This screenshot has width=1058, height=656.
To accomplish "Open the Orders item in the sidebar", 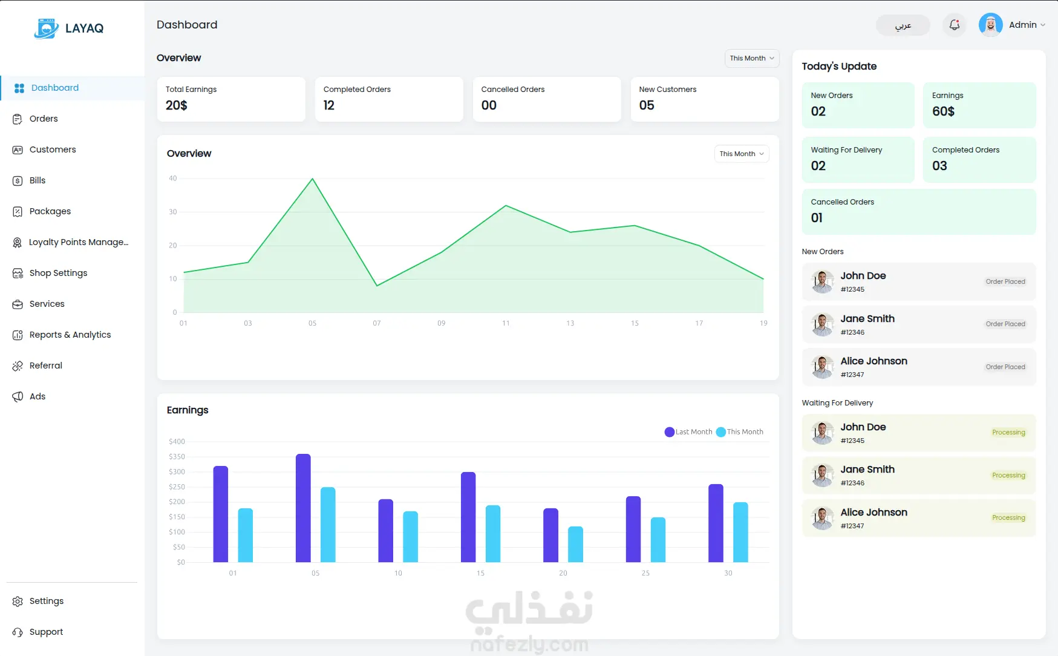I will pos(44,119).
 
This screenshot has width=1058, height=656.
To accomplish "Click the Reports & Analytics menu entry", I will pos(70,335).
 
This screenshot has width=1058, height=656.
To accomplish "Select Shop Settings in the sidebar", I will pos(58,273).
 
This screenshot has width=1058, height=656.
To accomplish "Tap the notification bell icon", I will pos(954,25).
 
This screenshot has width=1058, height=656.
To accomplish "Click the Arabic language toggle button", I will pos(903,25).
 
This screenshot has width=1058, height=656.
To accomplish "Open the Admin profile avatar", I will pos(990,25).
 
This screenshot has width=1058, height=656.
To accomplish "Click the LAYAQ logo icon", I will pos(47,28).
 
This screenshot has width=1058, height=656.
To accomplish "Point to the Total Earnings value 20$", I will pos(177,105).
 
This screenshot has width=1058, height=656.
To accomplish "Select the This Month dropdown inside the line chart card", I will pos(741,154).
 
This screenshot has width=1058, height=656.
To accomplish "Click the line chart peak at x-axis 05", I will pos(312,179).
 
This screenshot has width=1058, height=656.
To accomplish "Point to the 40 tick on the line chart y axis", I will pos(173,179).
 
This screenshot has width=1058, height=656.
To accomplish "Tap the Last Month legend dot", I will pos(669,432).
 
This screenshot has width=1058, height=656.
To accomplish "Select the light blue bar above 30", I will pos(740,532).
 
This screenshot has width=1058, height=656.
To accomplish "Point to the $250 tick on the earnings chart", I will pos(177,487).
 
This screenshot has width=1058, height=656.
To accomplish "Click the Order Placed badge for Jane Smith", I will pos(1005,324).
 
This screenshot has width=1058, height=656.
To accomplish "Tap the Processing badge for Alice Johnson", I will pos(1008,518).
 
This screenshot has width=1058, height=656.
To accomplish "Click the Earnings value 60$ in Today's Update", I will pos(943,111).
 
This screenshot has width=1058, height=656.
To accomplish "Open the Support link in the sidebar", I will pos(46,632).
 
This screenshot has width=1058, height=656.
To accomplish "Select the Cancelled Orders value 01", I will pos(817,218).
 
